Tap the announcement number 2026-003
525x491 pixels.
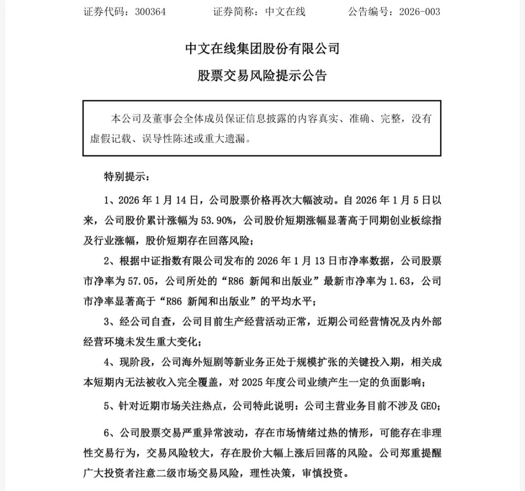click(419, 12)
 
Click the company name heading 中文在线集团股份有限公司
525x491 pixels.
click(262, 49)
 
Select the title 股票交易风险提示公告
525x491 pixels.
click(262, 75)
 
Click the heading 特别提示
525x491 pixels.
click(124, 176)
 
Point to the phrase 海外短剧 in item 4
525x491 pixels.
click(222, 362)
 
